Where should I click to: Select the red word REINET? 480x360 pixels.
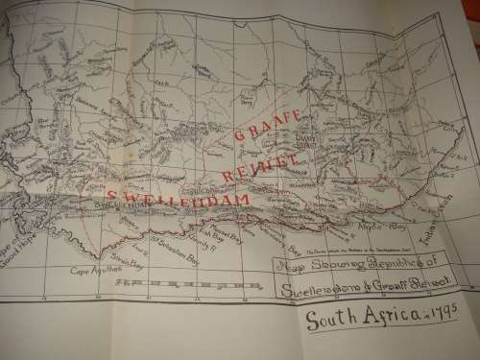[256, 166]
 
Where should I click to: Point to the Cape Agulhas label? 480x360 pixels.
[93, 272]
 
